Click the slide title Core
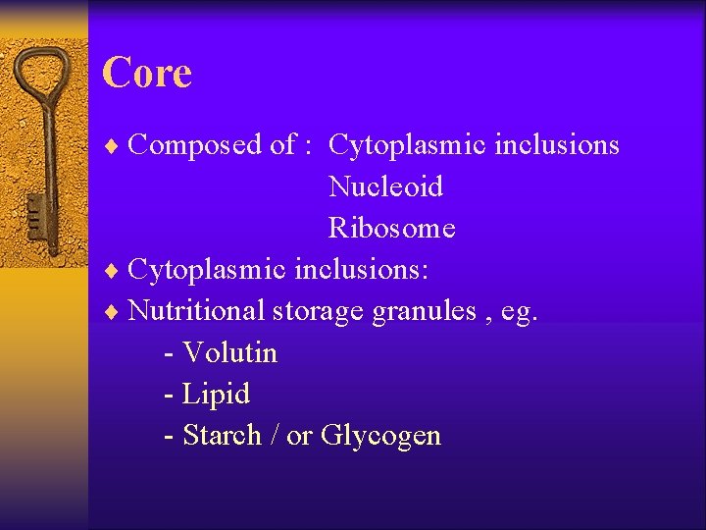[147, 74]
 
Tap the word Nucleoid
[385, 186]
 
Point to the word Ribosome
[391, 228]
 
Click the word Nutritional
[196, 311]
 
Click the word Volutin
[230, 352]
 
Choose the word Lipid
[217, 395]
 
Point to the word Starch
[223, 435]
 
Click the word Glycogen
[381, 436]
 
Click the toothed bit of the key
[34, 211]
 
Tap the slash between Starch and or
[275, 435]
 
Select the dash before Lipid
[170, 395]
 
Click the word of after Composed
[281, 145]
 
